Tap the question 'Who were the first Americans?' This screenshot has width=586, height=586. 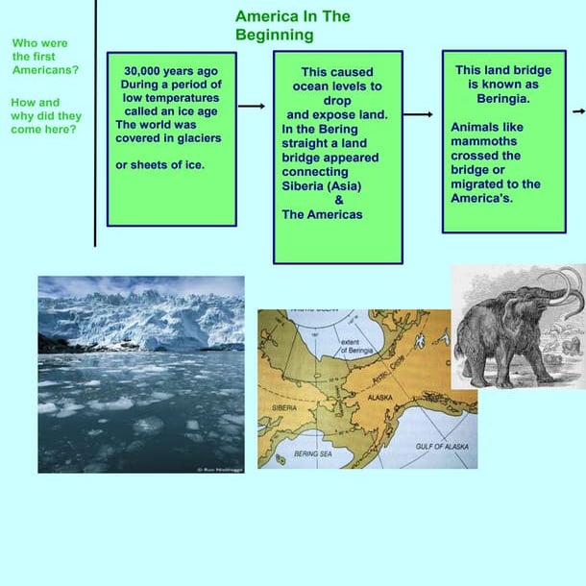45,57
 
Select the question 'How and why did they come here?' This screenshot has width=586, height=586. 45,115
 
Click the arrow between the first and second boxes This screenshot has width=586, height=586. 252,107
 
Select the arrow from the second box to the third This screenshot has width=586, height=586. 419,114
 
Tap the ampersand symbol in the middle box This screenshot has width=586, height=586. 338,200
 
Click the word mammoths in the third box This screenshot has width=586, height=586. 485,140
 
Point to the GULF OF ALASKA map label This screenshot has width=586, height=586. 442,447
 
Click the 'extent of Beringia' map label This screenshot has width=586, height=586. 356,348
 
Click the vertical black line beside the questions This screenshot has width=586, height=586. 95,125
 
